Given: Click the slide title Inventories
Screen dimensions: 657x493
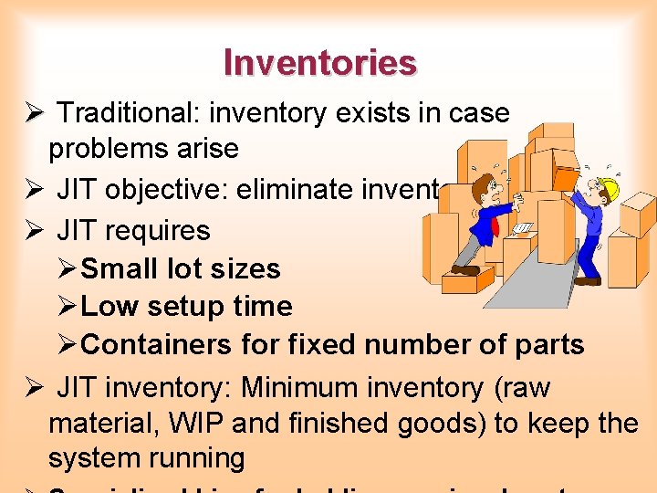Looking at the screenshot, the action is (320, 63).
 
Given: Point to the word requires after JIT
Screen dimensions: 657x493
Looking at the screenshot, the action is (158, 229).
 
